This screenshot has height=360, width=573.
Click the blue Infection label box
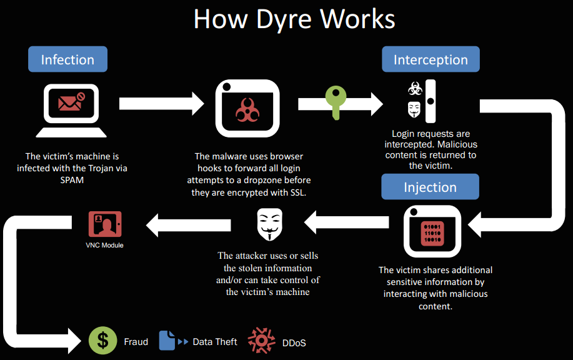coord(67,60)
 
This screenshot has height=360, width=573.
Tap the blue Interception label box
coord(431,60)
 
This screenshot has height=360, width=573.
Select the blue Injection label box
coord(430,187)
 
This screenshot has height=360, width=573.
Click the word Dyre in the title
coord(284,19)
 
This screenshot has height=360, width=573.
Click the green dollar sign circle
coord(103,341)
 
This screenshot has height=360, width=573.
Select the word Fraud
coord(136,342)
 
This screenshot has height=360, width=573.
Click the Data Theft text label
coord(215,342)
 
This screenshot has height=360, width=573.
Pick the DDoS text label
coord(294,342)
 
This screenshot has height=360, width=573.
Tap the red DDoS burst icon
coord(261,341)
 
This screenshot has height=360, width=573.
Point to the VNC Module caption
coord(104,245)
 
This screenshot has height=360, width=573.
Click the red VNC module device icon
coord(104,224)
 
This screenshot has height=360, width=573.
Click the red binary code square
coord(432,232)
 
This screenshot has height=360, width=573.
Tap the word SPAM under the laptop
coord(67,179)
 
